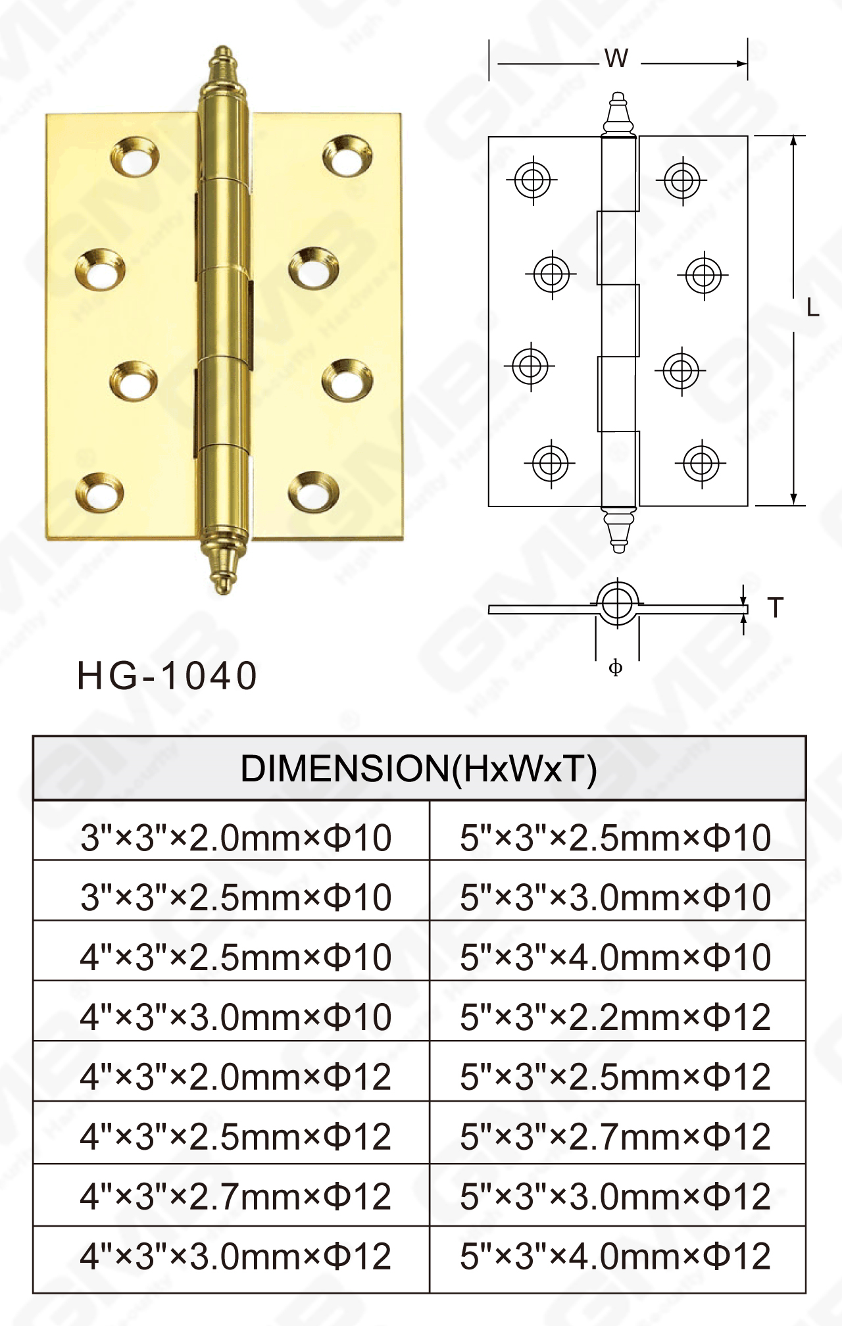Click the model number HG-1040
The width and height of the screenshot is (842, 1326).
(x=167, y=676)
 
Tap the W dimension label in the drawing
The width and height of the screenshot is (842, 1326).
(x=616, y=59)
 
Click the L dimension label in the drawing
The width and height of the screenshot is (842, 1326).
(x=813, y=308)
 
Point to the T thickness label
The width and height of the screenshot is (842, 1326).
(x=776, y=608)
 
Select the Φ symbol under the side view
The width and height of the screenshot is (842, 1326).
(x=616, y=668)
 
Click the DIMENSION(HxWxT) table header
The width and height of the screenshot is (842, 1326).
(x=419, y=768)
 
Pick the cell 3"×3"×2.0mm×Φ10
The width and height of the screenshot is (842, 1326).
(x=235, y=838)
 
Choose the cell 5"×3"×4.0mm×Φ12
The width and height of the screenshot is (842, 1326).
(x=616, y=1257)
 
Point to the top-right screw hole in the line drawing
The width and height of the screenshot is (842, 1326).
(x=681, y=180)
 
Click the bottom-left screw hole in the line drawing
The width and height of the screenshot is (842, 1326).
(x=550, y=463)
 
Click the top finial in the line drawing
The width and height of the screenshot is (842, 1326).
(x=618, y=112)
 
